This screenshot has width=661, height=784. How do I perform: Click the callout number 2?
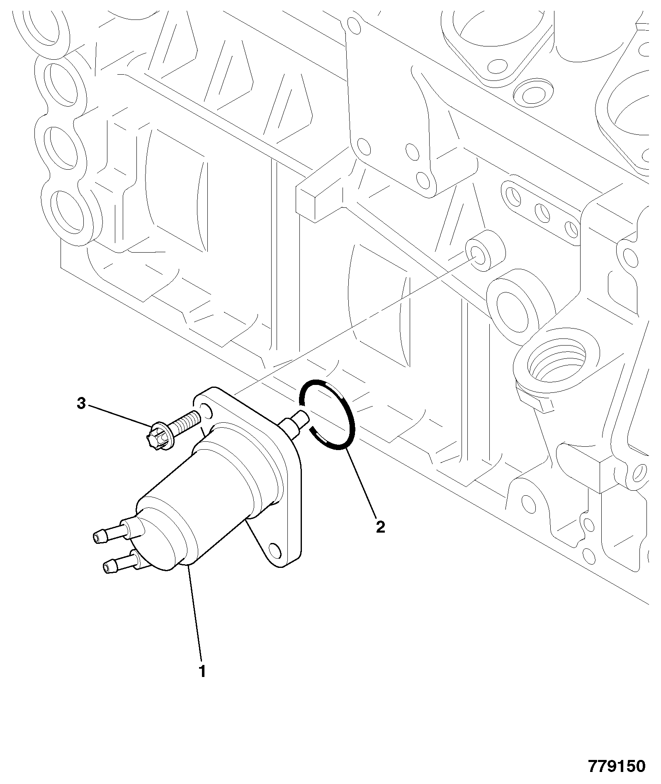[380, 527]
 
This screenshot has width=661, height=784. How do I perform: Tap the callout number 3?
[81, 404]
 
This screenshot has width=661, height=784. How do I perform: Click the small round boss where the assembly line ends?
[484, 251]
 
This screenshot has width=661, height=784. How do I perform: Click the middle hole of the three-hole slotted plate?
[542, 212]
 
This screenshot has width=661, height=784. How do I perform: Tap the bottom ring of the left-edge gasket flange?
[69, 212]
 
